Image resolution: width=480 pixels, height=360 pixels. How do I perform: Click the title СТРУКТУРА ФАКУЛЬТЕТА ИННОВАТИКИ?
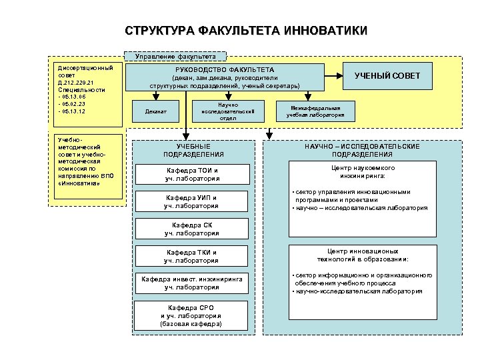tap(245, 31)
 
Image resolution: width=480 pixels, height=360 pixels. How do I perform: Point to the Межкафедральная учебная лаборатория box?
tap(315, 111)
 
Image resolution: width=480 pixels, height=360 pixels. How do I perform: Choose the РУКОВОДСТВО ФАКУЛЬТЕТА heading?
tap(225, 69)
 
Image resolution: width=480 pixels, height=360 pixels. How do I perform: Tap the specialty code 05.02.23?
tap(73, 104)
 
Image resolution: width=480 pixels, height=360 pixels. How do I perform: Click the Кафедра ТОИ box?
tap(193, 175)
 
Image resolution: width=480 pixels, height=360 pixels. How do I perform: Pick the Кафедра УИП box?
tap(192, 202)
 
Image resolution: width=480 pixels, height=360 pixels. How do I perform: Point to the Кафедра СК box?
tap(192, 229)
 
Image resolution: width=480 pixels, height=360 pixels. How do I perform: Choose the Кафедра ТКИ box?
tap(192, 256)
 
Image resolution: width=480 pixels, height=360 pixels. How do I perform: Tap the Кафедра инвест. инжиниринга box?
tap(192, 283)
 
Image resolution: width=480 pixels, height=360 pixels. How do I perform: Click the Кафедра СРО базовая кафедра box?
tap(191, 315)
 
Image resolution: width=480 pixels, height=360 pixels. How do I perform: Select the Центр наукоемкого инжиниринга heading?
tap(363, 172)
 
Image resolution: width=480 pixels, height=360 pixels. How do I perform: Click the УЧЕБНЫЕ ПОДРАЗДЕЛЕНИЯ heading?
tap(193, 150)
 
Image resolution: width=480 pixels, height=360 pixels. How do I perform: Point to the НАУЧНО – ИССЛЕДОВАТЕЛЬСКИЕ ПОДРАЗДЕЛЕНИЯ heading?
tap(363, 150)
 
